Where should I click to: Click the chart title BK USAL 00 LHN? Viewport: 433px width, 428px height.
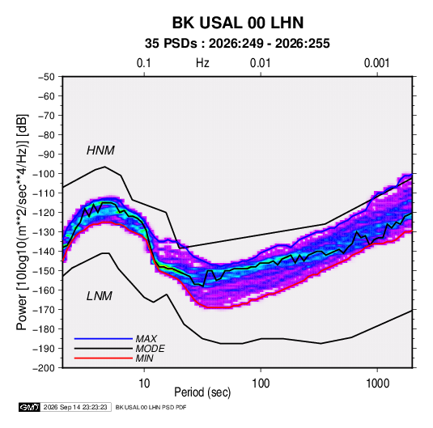[x=238, y=23]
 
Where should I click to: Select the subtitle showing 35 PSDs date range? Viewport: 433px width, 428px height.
[x=237, y=44]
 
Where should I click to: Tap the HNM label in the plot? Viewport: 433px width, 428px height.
[x=100, y=150]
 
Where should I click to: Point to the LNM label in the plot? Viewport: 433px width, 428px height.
[x=100, y=296]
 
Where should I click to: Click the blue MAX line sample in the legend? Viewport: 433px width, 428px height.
[x=104, y=338]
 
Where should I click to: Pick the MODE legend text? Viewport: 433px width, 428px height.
[x=151, y=349]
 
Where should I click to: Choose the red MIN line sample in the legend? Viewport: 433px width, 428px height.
[x=104, y=358]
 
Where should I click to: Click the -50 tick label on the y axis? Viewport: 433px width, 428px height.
[x=46, y=77]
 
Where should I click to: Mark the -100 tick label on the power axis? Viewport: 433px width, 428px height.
[x=44, y=174]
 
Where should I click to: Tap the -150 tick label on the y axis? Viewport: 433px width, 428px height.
[x=44, y=271]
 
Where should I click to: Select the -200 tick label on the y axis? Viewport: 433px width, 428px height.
[x=44, y=368]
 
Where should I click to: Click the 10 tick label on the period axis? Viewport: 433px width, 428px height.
[x=144, y=384]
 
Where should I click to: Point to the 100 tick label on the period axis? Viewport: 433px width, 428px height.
[x=261, y=384]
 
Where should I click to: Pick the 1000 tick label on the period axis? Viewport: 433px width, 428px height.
[x=377, y=384]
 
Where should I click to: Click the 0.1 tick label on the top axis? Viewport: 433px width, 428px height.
[x=144, y=63]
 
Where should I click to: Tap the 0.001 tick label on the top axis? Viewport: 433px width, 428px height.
[x=376, y=63]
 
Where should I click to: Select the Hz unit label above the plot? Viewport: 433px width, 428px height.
[x=202, y=63]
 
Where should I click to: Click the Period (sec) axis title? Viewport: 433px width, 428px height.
[x=202, y=392]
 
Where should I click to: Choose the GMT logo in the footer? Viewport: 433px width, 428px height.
[x=30, y=407]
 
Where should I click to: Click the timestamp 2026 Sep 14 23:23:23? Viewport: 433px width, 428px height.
[x=75, y=407]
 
